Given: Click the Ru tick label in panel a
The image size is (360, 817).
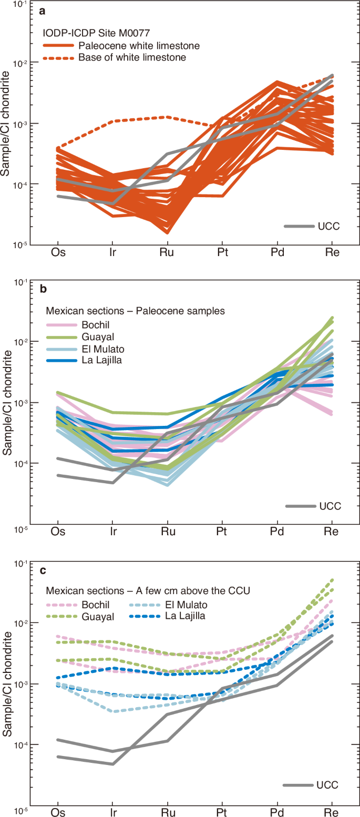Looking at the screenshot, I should pos(167,252).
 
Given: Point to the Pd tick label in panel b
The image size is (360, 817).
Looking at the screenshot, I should pos(277,532).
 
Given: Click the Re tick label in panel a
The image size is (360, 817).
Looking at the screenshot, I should pos(332,252).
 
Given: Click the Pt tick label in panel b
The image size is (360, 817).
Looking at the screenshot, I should pos(222,532).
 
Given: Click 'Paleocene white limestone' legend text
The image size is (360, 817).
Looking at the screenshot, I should pos(139,45).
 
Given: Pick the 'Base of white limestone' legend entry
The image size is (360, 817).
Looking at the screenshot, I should pos(132,57).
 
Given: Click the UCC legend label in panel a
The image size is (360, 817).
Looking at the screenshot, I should pos(330,226).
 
